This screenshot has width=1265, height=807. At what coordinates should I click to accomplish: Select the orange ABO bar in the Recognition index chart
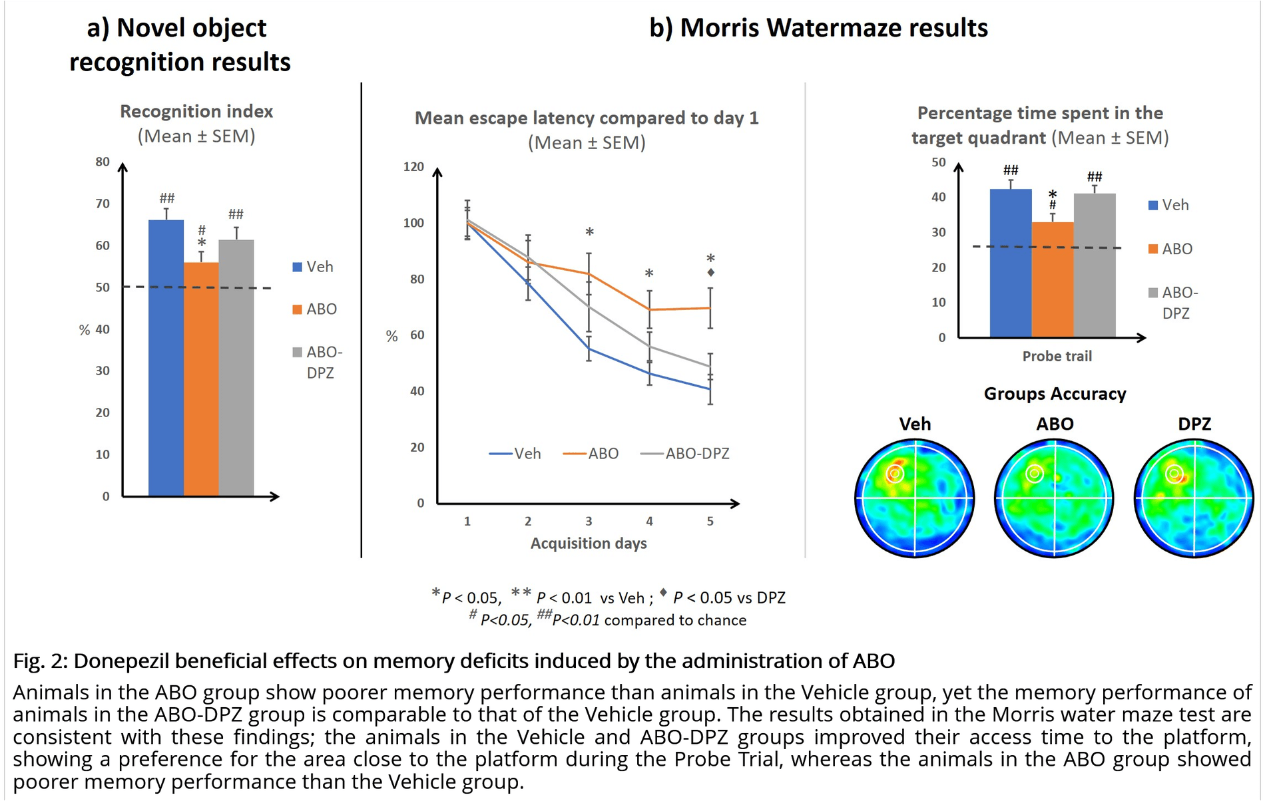(x=201, y=379)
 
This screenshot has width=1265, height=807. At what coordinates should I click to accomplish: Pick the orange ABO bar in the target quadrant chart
(x=1052, y=279)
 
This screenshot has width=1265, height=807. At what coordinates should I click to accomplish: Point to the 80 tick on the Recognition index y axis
(x=103, y=162)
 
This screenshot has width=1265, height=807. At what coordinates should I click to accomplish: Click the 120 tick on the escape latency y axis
(x=413, y=166)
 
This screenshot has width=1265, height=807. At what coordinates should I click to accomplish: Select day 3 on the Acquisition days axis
(x=589, y=522)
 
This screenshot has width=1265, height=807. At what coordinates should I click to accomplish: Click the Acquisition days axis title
(x=589, y=544)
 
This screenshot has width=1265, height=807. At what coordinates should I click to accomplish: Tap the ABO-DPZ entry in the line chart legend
(x=696, y=454)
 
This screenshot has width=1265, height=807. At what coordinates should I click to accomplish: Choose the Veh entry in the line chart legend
(x=527, y=454)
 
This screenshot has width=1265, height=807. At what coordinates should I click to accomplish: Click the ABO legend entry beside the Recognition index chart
(x=321, y=309)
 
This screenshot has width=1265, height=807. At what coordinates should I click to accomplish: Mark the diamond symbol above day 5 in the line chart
(x=711, y=273)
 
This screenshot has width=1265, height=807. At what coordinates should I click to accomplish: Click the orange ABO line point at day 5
(x=710, y=308)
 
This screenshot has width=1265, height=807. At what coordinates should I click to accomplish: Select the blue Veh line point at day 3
(x=589, y=349)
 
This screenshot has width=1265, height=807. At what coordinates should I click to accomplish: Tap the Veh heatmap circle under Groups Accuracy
(x=914, y=497)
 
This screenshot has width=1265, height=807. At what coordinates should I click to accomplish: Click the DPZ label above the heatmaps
(x=1194, y=424)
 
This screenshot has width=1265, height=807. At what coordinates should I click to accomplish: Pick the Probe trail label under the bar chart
(x=1057, y=357)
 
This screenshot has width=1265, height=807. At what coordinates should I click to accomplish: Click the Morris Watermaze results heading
(x=818, y=28)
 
